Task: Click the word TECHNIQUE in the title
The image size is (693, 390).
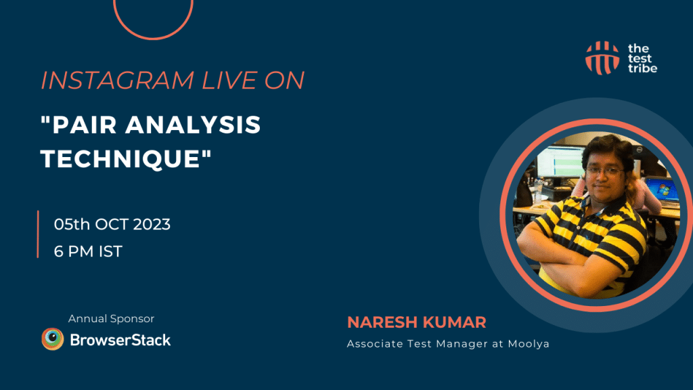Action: (x=126, y=158)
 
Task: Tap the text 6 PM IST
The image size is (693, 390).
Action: (x=88, y=251)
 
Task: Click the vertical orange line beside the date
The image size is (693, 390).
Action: (x=38, y=234)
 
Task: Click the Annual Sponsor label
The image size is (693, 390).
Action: (x=111, y=318)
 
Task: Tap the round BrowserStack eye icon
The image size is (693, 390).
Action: (x=53, y=339)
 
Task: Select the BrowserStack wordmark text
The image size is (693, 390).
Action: (x=120, y=339)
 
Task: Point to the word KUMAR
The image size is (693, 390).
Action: (x=455, y=322)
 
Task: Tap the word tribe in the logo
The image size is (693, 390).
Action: (x=642, y=68)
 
